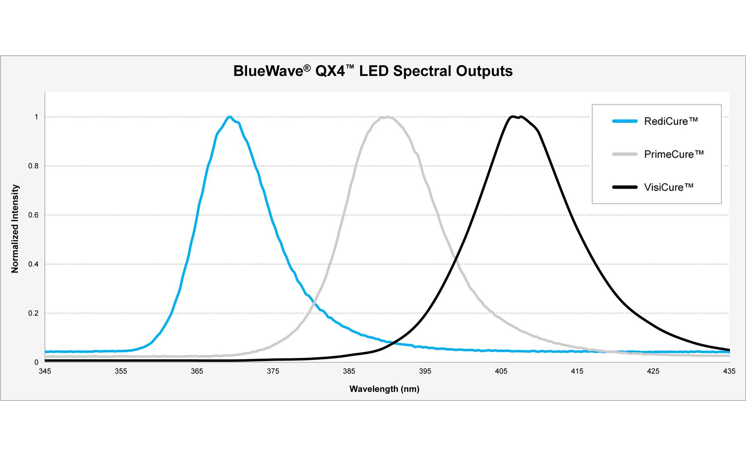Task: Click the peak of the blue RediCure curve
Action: pos(230,117)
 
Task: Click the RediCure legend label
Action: pos(671,121)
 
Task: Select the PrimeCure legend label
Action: pos(673,154)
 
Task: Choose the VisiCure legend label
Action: pos(668,187)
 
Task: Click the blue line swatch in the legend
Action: pos(625,121)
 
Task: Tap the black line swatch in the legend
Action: pos(625,187)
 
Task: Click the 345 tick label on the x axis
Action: pos(45,371)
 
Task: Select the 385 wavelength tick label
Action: pos(349,371)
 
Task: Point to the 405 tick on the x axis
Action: pos(501,371)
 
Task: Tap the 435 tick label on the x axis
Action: pos(729,371)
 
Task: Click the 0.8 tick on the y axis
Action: pos(33,166)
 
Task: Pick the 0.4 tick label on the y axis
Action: pos(33,264)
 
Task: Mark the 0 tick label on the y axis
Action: pos(36,362)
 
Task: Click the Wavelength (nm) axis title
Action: pos(384,389)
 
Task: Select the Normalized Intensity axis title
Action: pos(15,229)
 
